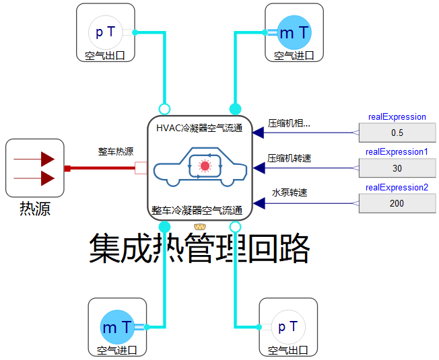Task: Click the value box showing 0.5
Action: [397, 133]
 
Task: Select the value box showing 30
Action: [397, 168]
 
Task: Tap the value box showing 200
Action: [397, 203]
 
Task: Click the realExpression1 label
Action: [397, 152]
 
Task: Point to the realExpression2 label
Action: [397, 187]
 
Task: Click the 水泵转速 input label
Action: [290, 192]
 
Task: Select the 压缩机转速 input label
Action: [290, 158]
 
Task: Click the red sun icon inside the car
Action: [205, 165]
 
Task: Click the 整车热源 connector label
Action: [116, 151]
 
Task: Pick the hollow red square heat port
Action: [141, 168]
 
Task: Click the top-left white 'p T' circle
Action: [106, 32]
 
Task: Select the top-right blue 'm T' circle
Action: [294, 32]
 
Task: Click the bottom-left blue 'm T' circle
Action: [118, 327]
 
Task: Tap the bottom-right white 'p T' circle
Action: [288, 327]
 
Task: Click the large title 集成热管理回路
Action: [199, 250]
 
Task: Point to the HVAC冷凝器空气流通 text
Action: [199, 128]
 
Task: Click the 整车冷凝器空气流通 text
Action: [199, 211]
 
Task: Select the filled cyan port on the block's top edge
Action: [236, 108]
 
